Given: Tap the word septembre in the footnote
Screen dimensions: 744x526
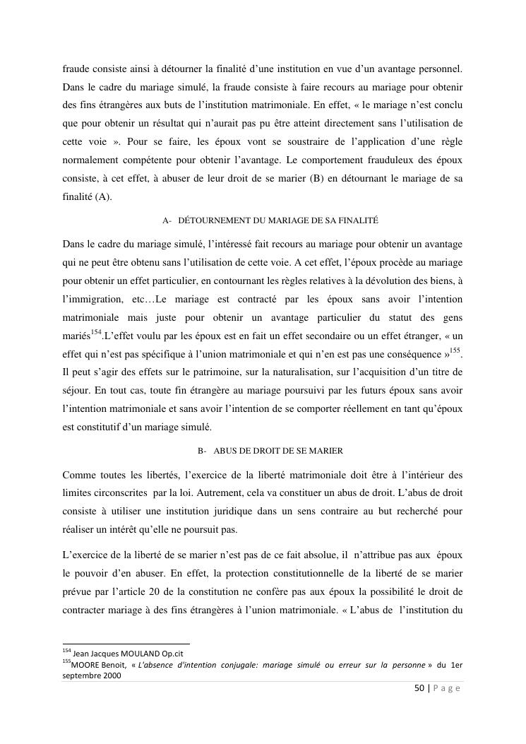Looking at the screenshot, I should pos(81,675).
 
